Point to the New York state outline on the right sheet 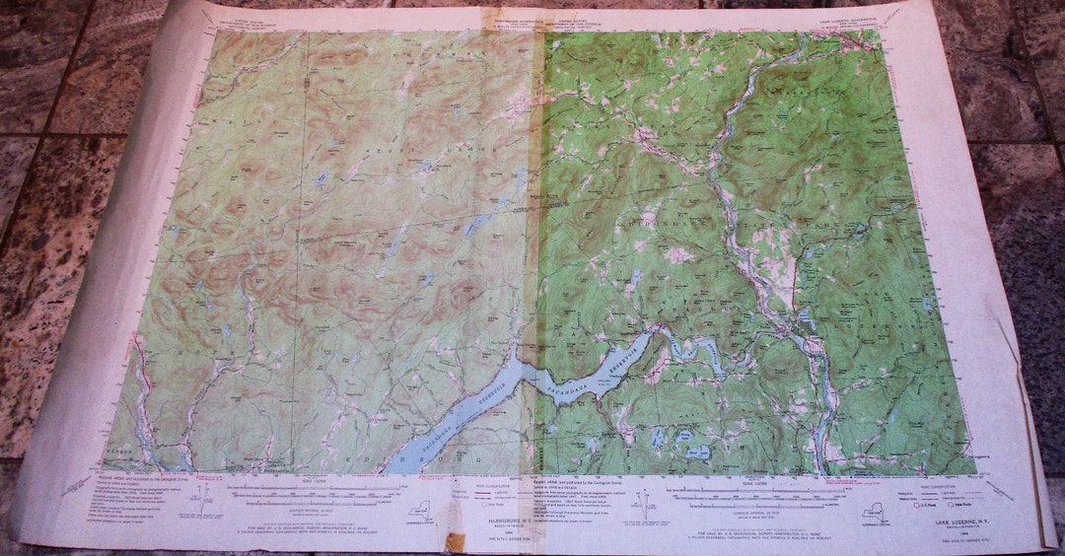[x=874, y=511]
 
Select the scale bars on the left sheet [x=296, y=493]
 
